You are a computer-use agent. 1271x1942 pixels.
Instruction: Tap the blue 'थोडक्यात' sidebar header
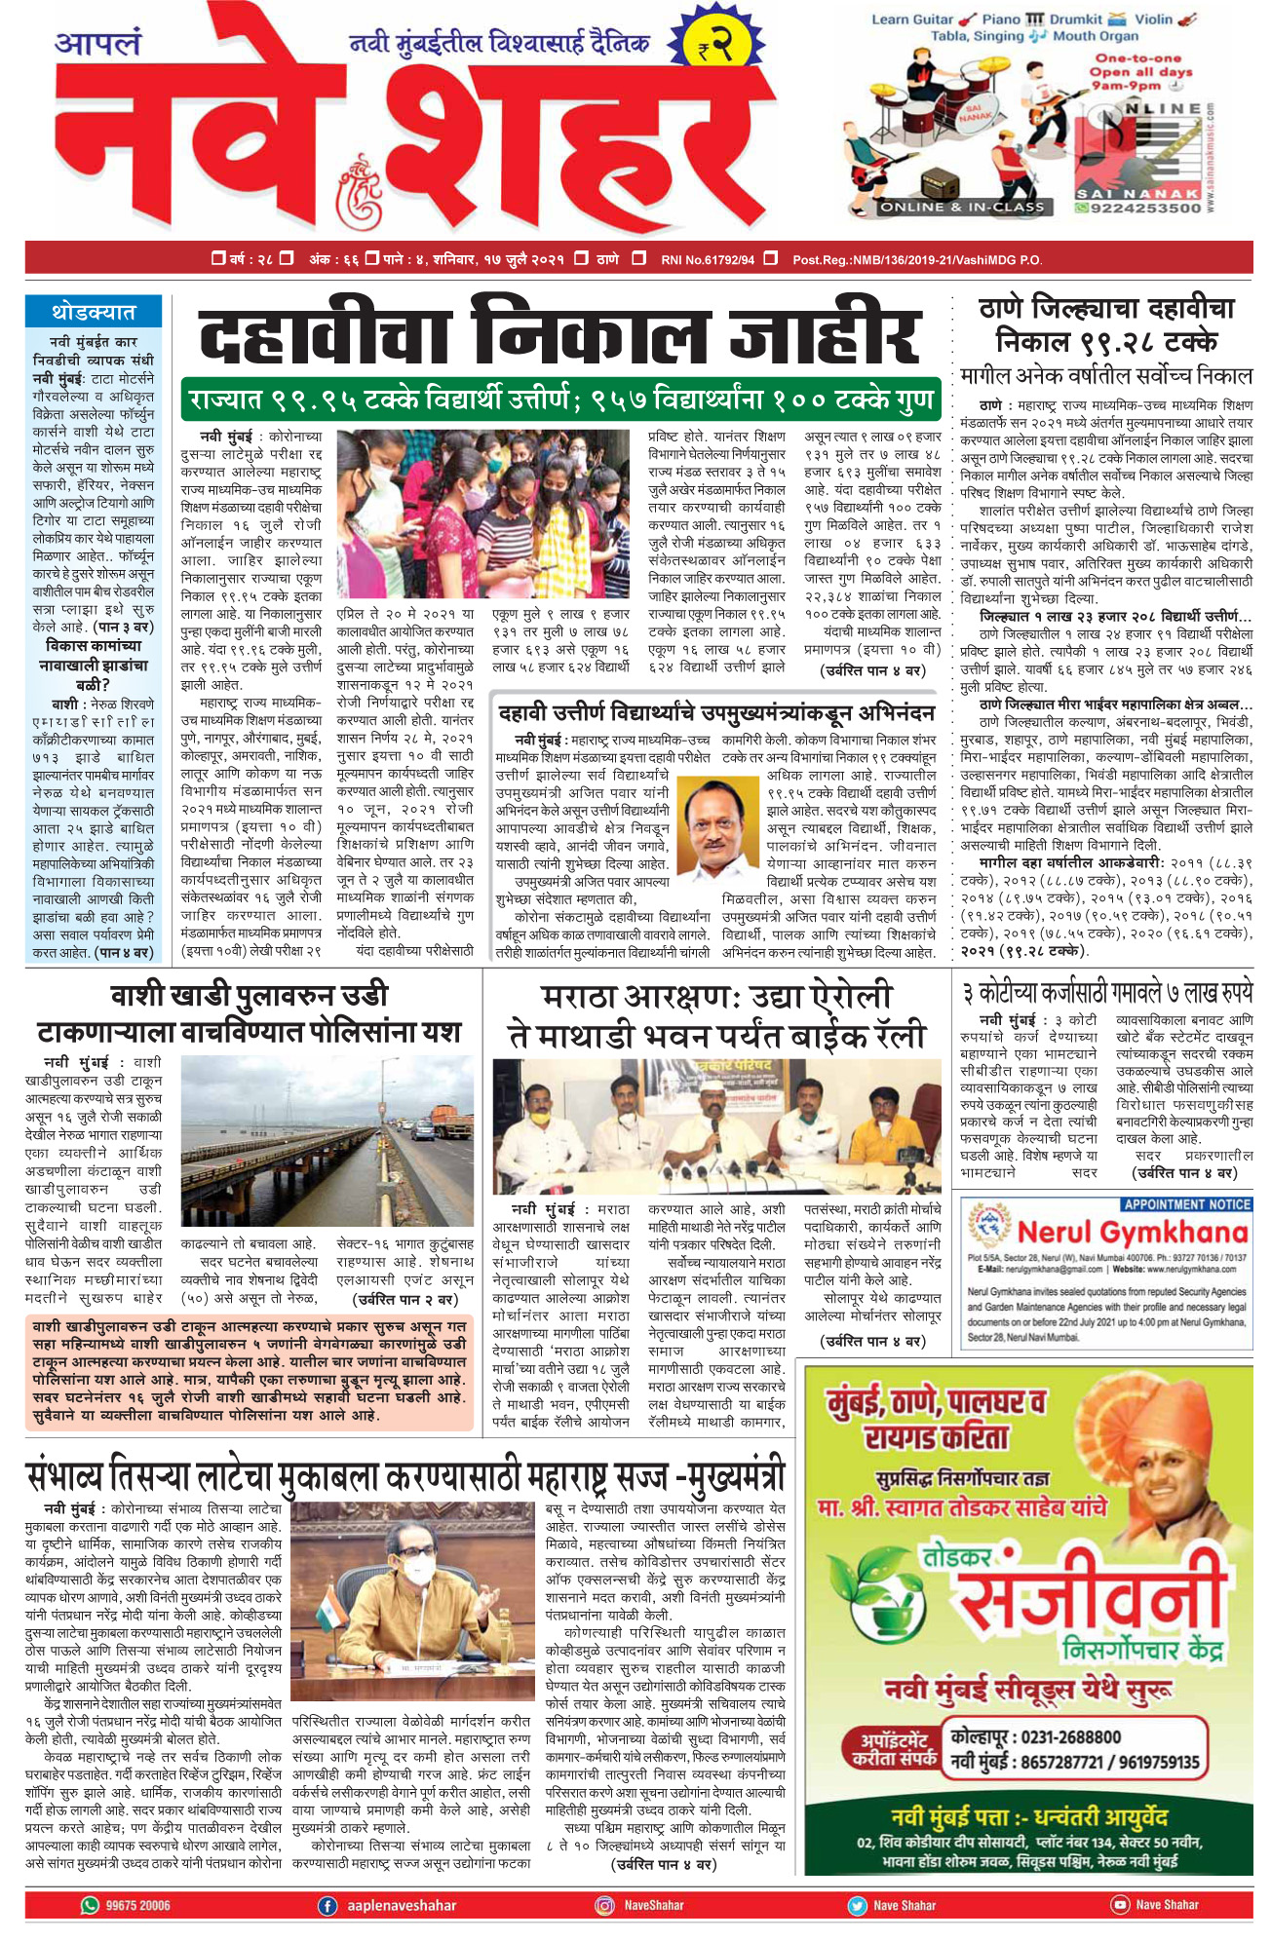tap(94, 312)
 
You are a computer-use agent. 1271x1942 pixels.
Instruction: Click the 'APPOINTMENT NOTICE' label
tap(1186, 1204)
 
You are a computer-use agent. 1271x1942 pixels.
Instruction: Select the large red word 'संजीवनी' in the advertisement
tap(1089, 1603)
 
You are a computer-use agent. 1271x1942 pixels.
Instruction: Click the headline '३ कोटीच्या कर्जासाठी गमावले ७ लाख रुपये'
tap(1106, 993)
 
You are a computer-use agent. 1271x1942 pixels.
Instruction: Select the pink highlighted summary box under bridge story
tap(250, 1370)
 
